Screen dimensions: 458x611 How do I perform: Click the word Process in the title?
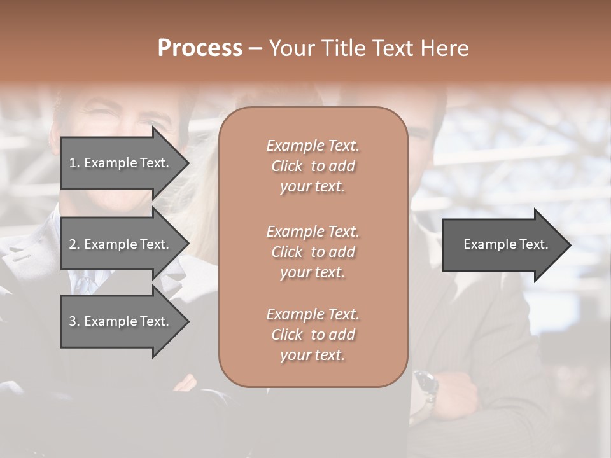[200, 48]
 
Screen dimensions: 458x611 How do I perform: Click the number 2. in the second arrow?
[74, 244]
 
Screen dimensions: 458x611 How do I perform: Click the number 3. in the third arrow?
[74, 321]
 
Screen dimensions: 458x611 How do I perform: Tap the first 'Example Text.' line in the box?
[313, 146]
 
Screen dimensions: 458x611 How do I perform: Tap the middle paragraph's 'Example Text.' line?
[313, 231]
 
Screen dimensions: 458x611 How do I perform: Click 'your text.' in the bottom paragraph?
[313, 355]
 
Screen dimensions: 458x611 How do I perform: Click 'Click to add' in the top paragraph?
[313, 166]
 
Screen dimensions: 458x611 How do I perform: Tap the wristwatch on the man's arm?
[425, 384]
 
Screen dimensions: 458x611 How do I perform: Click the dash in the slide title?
[255, 48]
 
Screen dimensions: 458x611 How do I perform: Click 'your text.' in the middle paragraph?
[313, 272]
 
